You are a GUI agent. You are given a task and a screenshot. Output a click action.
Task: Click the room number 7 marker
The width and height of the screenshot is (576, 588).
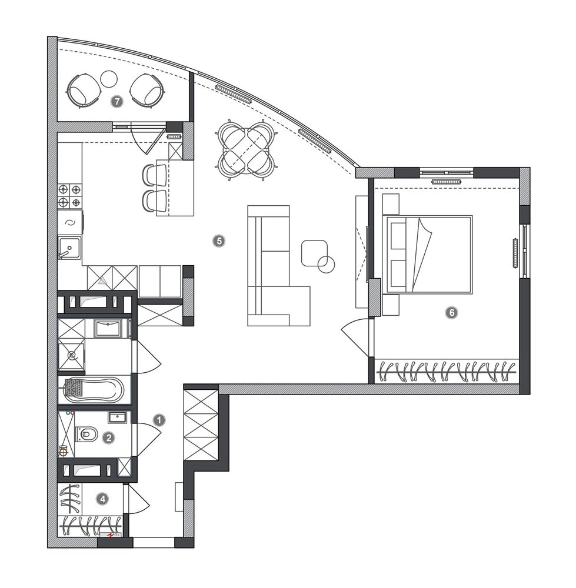coord(118,101)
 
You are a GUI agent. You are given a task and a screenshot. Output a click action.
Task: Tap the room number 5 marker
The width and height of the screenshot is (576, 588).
coord(219,240)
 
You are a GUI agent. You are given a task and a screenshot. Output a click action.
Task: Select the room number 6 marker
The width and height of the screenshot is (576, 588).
coord(451,312)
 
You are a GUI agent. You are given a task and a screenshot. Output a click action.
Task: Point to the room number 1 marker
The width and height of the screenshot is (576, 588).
coord(159,420)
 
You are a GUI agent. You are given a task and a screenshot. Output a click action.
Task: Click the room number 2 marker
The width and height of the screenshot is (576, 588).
coord(109,437)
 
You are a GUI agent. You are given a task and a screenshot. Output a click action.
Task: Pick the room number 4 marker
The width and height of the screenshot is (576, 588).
coord(102,499)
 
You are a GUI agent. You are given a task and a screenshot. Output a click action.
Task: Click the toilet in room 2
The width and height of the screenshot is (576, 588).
coord(86,435)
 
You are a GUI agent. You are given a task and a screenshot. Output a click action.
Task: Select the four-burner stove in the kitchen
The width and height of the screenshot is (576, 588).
coord(70,196)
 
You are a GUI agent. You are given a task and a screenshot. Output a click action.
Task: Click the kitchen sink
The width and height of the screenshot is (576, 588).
coord(69,248)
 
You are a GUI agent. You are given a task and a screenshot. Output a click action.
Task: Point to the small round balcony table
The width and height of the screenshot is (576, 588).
coord(109,79)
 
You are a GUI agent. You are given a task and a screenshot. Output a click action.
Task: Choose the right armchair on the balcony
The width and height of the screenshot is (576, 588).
coord(148,90)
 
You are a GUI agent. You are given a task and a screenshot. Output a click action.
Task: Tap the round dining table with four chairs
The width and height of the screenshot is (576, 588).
coord(247,149)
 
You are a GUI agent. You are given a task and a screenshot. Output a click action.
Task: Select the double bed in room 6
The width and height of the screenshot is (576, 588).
coord(427,254)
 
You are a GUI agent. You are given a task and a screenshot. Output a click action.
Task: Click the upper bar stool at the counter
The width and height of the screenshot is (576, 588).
coord(155,175)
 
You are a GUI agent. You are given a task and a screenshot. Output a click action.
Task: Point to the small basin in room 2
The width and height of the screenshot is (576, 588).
coord(118,417)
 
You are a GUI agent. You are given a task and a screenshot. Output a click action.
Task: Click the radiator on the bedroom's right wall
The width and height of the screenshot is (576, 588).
coord(515,253)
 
